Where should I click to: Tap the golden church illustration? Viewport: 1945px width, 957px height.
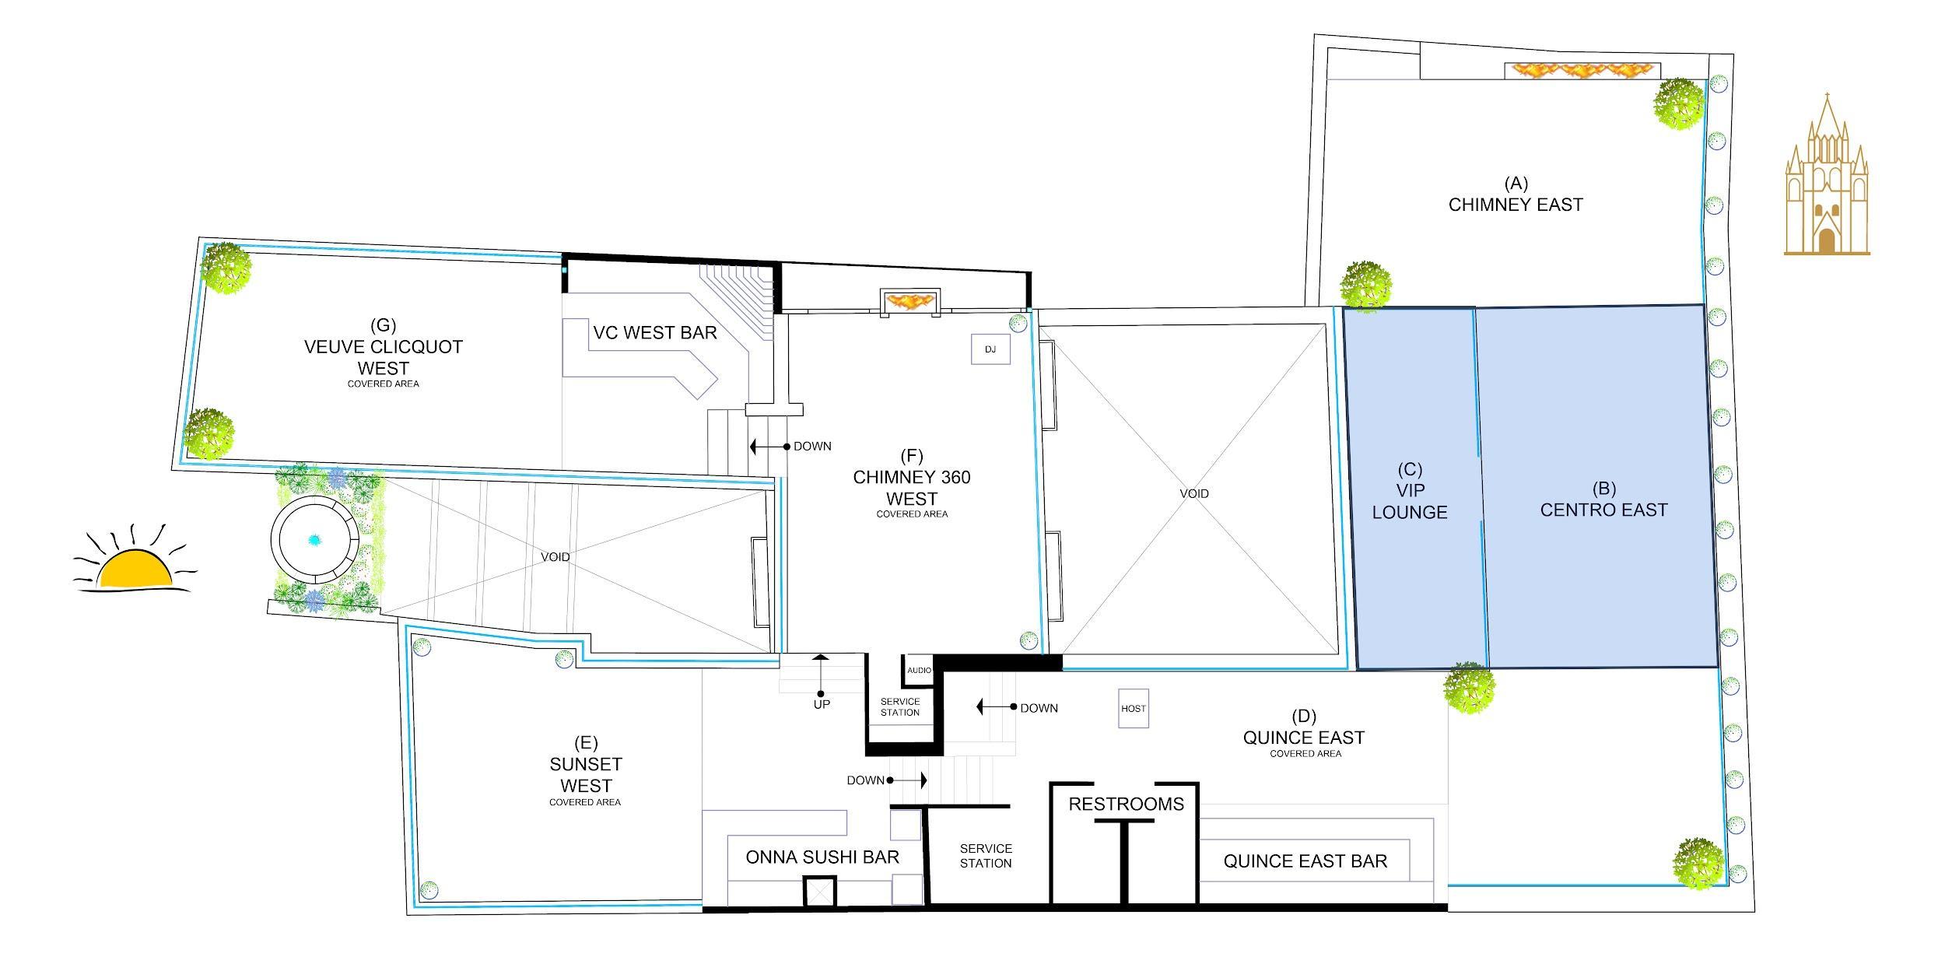[1826, 174]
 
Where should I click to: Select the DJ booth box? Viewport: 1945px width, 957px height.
[990, 349]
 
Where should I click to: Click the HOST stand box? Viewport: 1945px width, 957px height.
[1134, 709]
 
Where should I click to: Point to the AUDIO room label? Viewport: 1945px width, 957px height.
[920, 670]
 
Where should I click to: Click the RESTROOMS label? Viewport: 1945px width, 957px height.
[1126, 805]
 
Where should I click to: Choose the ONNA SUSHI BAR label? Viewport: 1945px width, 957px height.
[822, 857]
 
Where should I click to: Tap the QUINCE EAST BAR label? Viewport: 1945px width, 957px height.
[1305, 861]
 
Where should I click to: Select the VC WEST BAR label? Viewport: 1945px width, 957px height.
[655, 333]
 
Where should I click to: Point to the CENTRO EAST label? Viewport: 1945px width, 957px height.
[1604, 510]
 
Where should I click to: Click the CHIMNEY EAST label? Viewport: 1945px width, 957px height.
[1516, 205]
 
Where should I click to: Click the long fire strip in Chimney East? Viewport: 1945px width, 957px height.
[1582, 71]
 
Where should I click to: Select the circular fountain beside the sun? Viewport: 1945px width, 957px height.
[315, 538]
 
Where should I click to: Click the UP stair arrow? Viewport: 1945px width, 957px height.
[820, 675]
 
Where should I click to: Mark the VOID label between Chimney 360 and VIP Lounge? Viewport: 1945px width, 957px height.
[1194, 493]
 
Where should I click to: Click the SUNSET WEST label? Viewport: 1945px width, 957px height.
[586, 775]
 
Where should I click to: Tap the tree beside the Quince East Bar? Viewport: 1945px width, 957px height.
[1699, 863]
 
